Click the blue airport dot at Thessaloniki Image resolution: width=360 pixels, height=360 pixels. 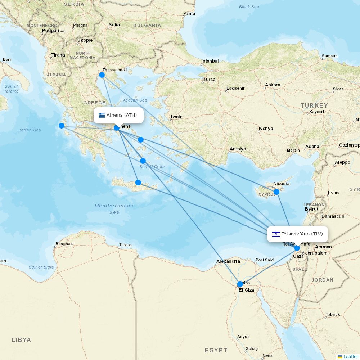click(102, 75)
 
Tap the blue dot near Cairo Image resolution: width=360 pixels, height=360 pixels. click(240, 284)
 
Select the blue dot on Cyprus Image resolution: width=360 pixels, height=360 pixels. click(276, 192)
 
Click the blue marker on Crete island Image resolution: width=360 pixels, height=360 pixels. click(138, 183)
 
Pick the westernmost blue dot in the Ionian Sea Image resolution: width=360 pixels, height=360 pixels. click(62, 126)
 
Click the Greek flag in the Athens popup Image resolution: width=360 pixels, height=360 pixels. click(102, 115)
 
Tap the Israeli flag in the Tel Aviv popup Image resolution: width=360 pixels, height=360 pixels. click(276, 234)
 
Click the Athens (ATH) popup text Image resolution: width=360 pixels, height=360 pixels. click(122, 115)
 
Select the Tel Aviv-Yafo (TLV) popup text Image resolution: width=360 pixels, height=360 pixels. click(302, 234)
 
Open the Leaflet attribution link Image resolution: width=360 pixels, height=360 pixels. click(350, 356)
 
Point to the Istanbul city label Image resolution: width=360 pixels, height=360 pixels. click(210, 61)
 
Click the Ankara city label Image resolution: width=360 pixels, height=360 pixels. click(273, 85)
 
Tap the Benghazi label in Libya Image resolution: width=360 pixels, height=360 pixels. click(64, 244)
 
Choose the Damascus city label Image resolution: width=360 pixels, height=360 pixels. click(333, 216)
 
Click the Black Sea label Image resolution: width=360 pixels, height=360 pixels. click(249, 7)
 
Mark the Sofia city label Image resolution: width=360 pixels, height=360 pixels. click(114, 25)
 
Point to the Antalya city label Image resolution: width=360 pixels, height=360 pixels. click(238, 149)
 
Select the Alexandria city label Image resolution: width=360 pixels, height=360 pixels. click(228, 261)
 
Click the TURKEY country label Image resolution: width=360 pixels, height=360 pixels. click(315, 105)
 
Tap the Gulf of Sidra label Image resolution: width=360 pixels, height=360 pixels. click(41, 267)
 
